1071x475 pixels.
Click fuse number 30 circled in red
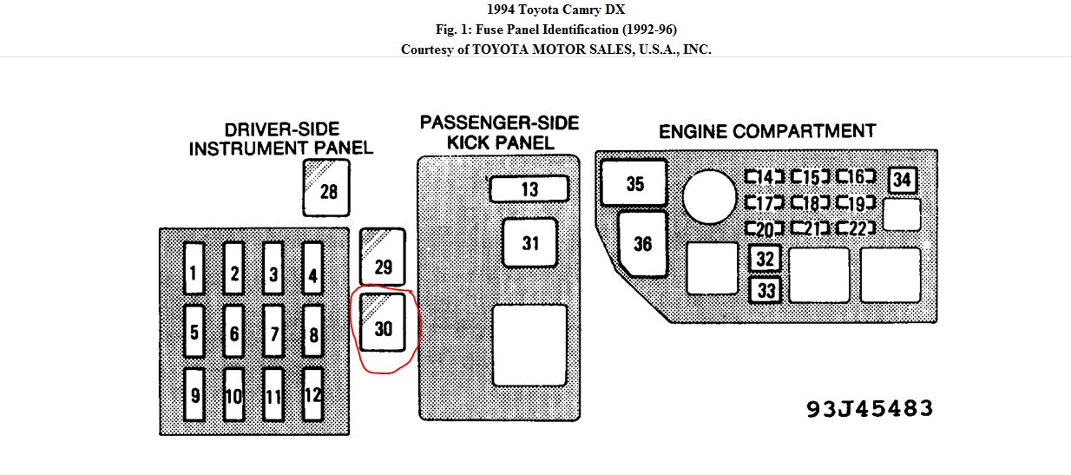point(383,321)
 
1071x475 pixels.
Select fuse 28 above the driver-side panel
point(326,188)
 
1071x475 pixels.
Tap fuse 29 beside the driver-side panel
point(383,257)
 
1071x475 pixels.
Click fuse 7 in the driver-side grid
point(273,331)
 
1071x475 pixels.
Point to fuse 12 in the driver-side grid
point(312,394)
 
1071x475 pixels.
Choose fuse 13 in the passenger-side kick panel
point(529,189)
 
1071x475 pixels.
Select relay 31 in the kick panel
point(530,243)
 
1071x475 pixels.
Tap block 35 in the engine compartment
point(634,183)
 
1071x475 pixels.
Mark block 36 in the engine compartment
point(642,244)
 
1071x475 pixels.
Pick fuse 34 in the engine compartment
point(903,180)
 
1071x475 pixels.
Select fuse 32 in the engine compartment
point(765,260)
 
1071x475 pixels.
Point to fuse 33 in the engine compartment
point(765,290)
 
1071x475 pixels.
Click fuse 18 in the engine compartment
point(811,204)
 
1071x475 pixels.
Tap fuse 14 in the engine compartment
point(765,178)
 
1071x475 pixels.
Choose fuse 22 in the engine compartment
point(857,228)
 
